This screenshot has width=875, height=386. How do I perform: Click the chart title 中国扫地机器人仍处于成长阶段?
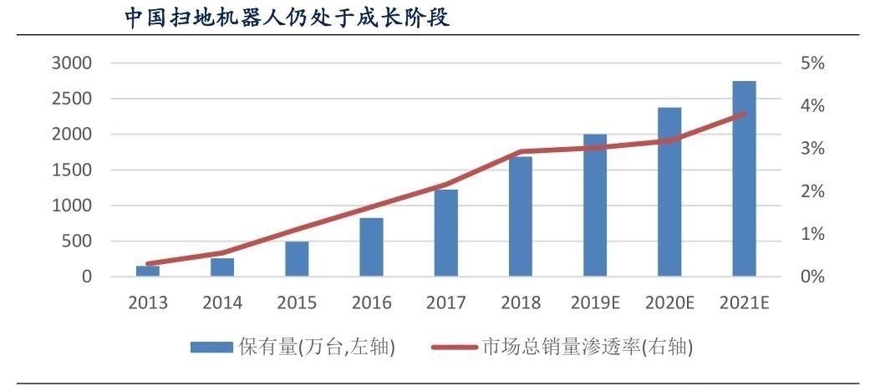coord(287,18)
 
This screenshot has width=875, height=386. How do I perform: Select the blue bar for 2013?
coord(148,271)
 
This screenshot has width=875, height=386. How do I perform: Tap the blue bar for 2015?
coord(297,259)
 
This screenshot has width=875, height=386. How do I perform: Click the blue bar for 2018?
coord(521,216)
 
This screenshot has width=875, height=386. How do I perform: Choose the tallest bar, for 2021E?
coord(744,179)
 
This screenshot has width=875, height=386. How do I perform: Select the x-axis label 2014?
coord(222,302)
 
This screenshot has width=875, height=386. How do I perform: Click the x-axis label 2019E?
coord(595,302)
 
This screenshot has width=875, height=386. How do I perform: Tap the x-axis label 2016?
coord(371,302)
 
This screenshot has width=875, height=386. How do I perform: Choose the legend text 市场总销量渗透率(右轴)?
coord(588,347)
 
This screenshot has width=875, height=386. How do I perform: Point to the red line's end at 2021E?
coord(744,114)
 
